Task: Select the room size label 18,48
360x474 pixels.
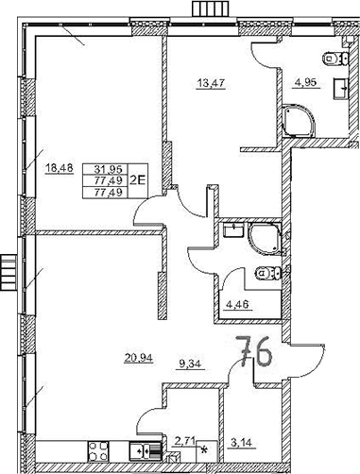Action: pyautogui.click(x=58, y=169)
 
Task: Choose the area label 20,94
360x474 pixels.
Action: pyautogui.click(x=139, y=357)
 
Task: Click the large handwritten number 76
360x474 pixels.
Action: pyautogui.click(x=255, y=356)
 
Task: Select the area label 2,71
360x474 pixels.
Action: pyautogui.click(x=185, y=440)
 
